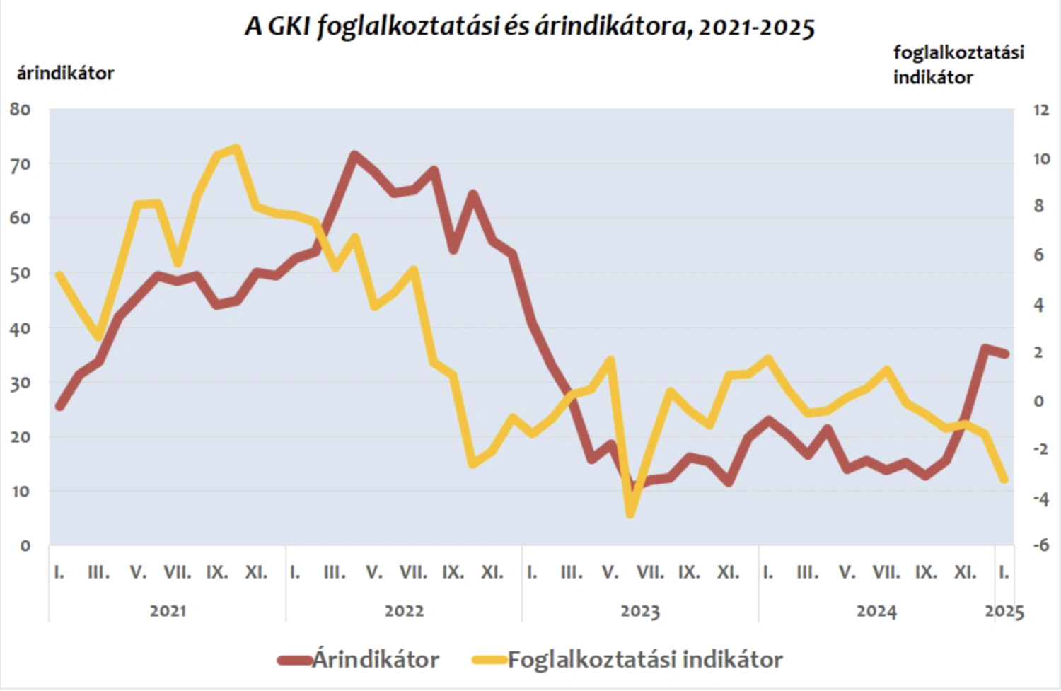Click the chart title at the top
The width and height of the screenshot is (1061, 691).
[530, 27]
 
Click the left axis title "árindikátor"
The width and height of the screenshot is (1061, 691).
[65, 73]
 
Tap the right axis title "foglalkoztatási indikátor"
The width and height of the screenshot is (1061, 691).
[958, 64]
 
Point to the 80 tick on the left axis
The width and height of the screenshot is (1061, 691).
[21, 110]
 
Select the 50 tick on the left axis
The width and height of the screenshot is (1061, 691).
[21, 274]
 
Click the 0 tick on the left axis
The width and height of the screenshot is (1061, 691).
[25, 546]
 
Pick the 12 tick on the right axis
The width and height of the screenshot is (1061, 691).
[1040, 110]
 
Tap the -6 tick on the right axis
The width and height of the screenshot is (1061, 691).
[1040, 545]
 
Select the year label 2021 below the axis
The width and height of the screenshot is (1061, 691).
[168, 610]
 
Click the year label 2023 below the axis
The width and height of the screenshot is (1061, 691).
[640, 610]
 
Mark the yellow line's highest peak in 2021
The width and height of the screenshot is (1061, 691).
[237, 148]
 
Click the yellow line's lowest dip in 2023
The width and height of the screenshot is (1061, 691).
[630, 514]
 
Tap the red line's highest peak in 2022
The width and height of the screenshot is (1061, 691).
[354, 154]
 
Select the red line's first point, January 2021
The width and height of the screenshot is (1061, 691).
[59, 406]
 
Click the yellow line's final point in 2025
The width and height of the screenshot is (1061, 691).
[1004, 480]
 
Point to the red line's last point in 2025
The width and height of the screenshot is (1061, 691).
[1004, 354]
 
